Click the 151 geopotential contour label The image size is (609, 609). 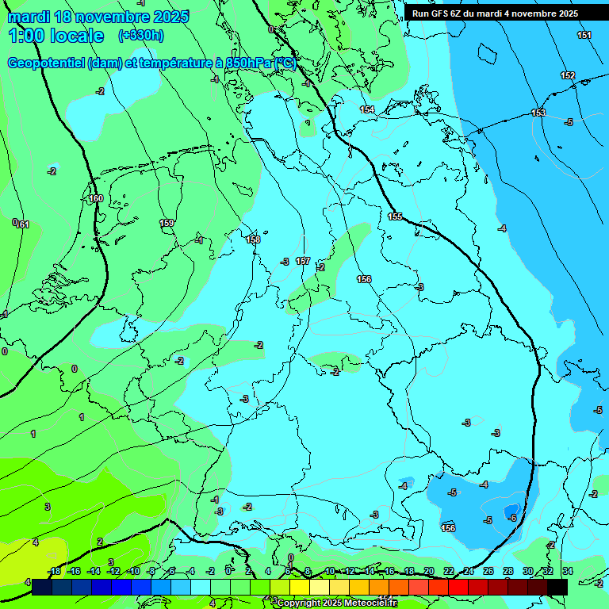coord(584,35)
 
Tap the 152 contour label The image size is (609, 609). coord(568,75)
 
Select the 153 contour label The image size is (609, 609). coord(538,113)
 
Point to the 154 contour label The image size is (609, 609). coord(367,109)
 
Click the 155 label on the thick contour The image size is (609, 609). coord(395,216)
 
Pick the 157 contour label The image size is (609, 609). coord(302,261)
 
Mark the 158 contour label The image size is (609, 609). coord(253,239)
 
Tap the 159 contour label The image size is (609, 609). coord(167,223)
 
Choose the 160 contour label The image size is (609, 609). coord(96,198)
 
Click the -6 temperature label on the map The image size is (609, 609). coord(512,518)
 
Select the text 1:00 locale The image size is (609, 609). coord(56,36)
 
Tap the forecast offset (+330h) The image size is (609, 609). coord(141,36)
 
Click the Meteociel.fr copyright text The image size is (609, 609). coord(337,603)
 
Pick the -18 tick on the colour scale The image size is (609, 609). coord(54,571)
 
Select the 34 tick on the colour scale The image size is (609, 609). coord(568,571)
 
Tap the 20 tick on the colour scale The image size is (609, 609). coord(429,571)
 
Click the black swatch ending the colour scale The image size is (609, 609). coord(557,587)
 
